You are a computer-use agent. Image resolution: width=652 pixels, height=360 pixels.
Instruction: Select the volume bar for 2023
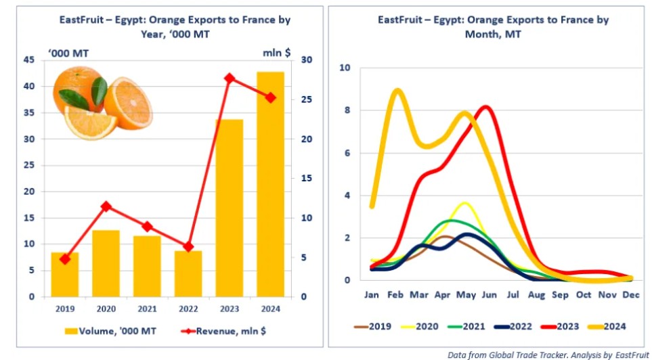click(x=229, y=208)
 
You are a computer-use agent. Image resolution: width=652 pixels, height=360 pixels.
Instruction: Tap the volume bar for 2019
click(x=65, y=274)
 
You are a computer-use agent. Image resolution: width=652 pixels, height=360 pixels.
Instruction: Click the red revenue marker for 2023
click(x=229, y=78)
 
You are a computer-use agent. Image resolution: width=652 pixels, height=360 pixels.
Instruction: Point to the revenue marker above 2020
click(x=106, y=206)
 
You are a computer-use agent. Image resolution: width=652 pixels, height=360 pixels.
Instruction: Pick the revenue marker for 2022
click(x=188, y=246)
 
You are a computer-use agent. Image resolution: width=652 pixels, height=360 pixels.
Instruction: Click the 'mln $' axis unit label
click(x=276, y=51)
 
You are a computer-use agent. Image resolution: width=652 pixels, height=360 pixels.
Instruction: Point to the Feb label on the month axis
click(x=396, y=296)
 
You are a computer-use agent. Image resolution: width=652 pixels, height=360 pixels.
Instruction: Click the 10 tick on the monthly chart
click(x=345, y=68)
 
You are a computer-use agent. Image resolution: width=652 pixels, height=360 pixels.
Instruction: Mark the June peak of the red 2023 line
click(x=486, y=106)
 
